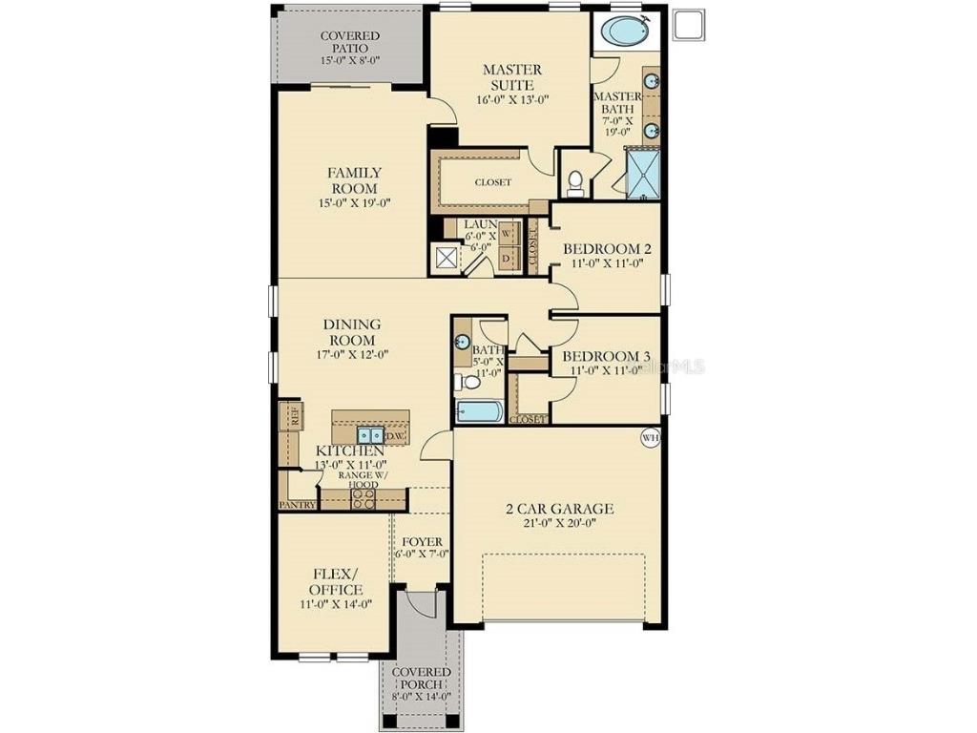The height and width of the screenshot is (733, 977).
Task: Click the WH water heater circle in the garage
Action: pyautogui.click(x=649, y=438)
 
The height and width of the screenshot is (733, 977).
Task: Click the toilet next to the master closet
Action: pyautogui.click(x=575, y=179)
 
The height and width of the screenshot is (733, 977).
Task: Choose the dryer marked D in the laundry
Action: pyautogui.click(x=508, y=258)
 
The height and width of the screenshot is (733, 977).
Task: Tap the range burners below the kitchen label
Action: pyautogui.click(x=364, y=498)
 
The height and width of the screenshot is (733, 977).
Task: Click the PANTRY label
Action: pyautogui.click(x=297, y=505)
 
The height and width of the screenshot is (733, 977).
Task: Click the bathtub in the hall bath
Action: pyautogui.click(x=478, y=412)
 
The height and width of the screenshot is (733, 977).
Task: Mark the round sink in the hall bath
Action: pyautogui.click(x=464, y=342)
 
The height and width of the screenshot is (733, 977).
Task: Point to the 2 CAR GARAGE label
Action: pyautogui.click(x=559, y=509)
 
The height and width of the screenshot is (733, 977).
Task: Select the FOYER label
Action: pyautogui.click(x=421, y=541)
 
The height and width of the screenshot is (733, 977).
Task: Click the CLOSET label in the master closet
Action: pyautogui.click(x=493, y=182)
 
